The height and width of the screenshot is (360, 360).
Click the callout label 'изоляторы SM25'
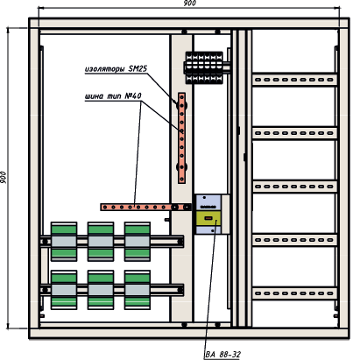[x=116, y=69]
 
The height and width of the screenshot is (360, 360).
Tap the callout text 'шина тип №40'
[x=113, y=95]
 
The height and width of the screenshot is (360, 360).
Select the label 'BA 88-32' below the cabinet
[x=222, y=355]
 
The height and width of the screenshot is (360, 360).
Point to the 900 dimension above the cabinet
[x=189, y=4]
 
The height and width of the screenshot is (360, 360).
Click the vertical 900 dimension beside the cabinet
[x=4, y=178]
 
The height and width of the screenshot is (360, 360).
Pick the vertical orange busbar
[x=181, y=138]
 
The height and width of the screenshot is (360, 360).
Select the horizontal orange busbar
[x=145, y=207]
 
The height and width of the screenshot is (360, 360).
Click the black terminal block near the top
[x=204, y=67]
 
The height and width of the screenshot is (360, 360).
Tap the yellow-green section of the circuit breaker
[x=208, y=218]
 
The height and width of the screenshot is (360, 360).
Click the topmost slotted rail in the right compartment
[x=295, y=80]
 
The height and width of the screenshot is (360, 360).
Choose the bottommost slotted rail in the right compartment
[x=295, y=293]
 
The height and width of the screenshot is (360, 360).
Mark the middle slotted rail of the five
[x=295, y=187]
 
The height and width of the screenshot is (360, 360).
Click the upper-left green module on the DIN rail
[x=64, y=242]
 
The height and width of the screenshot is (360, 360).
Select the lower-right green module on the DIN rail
[x=138, y=290]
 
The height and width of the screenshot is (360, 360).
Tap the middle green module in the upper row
[x=101, y=242]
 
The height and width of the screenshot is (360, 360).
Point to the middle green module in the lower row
[x=101, y=290]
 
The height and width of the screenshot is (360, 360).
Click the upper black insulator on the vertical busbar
[x=181, y=105]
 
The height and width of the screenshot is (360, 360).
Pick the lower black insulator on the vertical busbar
[x=181, y=167]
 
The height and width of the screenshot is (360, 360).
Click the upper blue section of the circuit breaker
[x=208, y=202]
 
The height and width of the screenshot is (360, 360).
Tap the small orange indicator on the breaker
[x=208, y=218]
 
